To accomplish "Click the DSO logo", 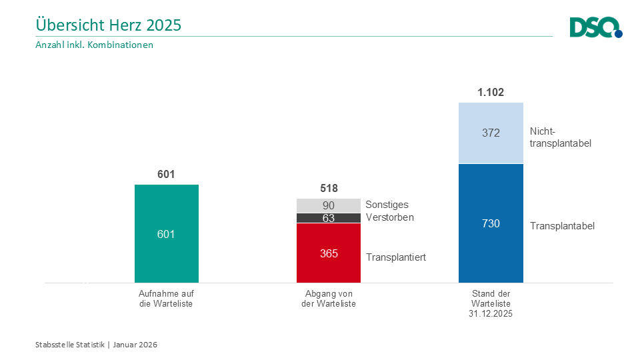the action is point(596,27).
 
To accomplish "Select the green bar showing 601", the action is point(167,233).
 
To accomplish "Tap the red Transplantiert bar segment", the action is point(329,253).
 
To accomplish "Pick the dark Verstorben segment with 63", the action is point(329,218).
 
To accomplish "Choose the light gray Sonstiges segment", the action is point(329,206).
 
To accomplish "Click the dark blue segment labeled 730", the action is point(491,223).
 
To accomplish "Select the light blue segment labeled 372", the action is point(491,133).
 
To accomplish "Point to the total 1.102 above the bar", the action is point(491,92).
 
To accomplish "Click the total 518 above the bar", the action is point(329,188).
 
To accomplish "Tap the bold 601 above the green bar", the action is point(166,174).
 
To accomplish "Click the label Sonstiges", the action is point(387,205).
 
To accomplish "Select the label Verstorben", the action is point(390,217).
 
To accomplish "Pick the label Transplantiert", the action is point(396,257).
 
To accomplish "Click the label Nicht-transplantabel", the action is point(561,137).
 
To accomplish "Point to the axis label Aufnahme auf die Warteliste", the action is point(166,299).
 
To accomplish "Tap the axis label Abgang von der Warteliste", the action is point(329,299).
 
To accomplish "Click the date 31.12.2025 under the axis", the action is point(491,314).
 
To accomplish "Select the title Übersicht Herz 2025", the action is point(109,25).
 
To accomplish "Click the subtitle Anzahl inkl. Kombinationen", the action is point(94,45).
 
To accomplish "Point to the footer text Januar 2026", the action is point(135,345).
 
